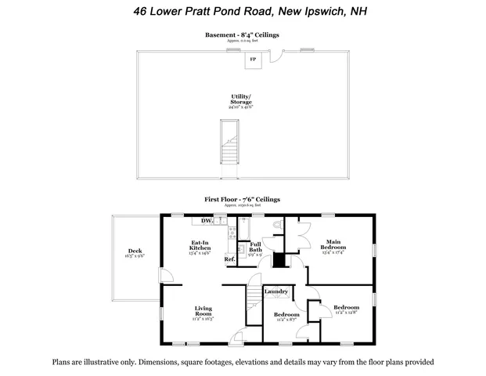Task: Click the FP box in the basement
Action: tap(253, 60)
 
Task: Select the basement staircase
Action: tap(229, 140)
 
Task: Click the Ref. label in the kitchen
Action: tap(230, 258)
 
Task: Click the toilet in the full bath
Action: tap(274, 226)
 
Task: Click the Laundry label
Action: tap(277, 292)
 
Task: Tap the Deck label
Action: tap(135, 251)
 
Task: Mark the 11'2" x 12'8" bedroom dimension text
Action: tap(346, 313)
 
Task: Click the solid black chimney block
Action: tap(278, 261)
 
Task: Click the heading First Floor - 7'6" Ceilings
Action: tap(242, 200)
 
